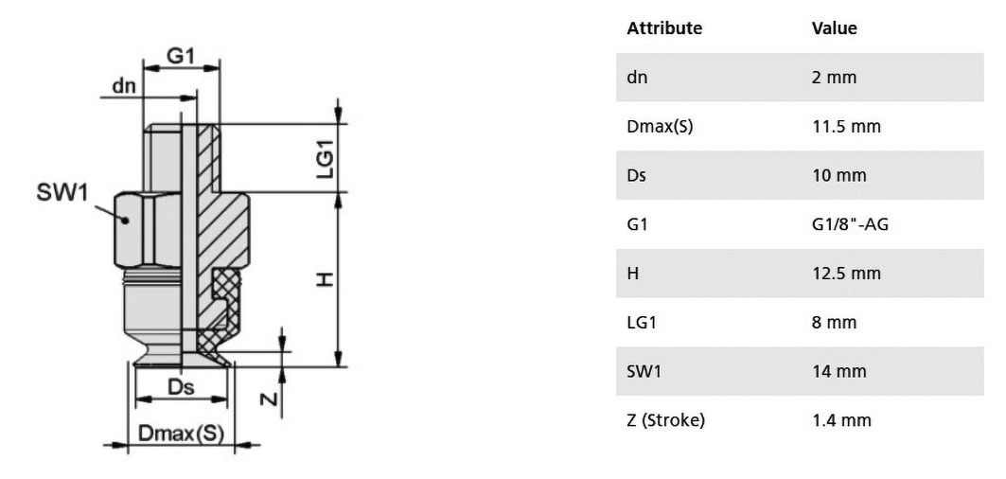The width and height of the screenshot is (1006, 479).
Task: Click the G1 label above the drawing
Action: click(x=180, y=57)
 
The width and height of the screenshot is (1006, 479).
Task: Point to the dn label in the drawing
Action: click(x=124, y=85)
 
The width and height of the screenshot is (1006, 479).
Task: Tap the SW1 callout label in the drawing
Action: click(x=62, y=192)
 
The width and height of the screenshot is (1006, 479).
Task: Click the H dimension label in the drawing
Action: click(x=326, y=279)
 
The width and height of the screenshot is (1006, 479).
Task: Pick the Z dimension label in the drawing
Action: click(x=272, y=399)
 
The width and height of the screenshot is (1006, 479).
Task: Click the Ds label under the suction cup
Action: click(x=181, y=387)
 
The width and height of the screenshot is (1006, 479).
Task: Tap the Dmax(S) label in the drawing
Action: click(x=182, y=435)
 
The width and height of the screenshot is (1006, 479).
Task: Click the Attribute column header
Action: click(x=664, y=28)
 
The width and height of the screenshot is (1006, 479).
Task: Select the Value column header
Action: click(x=834, y=28)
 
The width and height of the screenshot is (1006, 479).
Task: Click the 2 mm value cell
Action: click(x=834, y=78)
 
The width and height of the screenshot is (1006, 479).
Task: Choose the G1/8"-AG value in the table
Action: click(x=850, y=224)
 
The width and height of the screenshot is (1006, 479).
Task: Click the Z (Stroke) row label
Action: click(x=666, y=420)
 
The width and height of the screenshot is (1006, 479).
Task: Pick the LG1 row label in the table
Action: click(x=642, y=322)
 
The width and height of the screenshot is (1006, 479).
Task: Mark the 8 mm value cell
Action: click(x=834, y=322)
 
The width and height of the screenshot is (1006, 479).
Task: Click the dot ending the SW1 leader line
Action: click(x=127, y=221)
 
